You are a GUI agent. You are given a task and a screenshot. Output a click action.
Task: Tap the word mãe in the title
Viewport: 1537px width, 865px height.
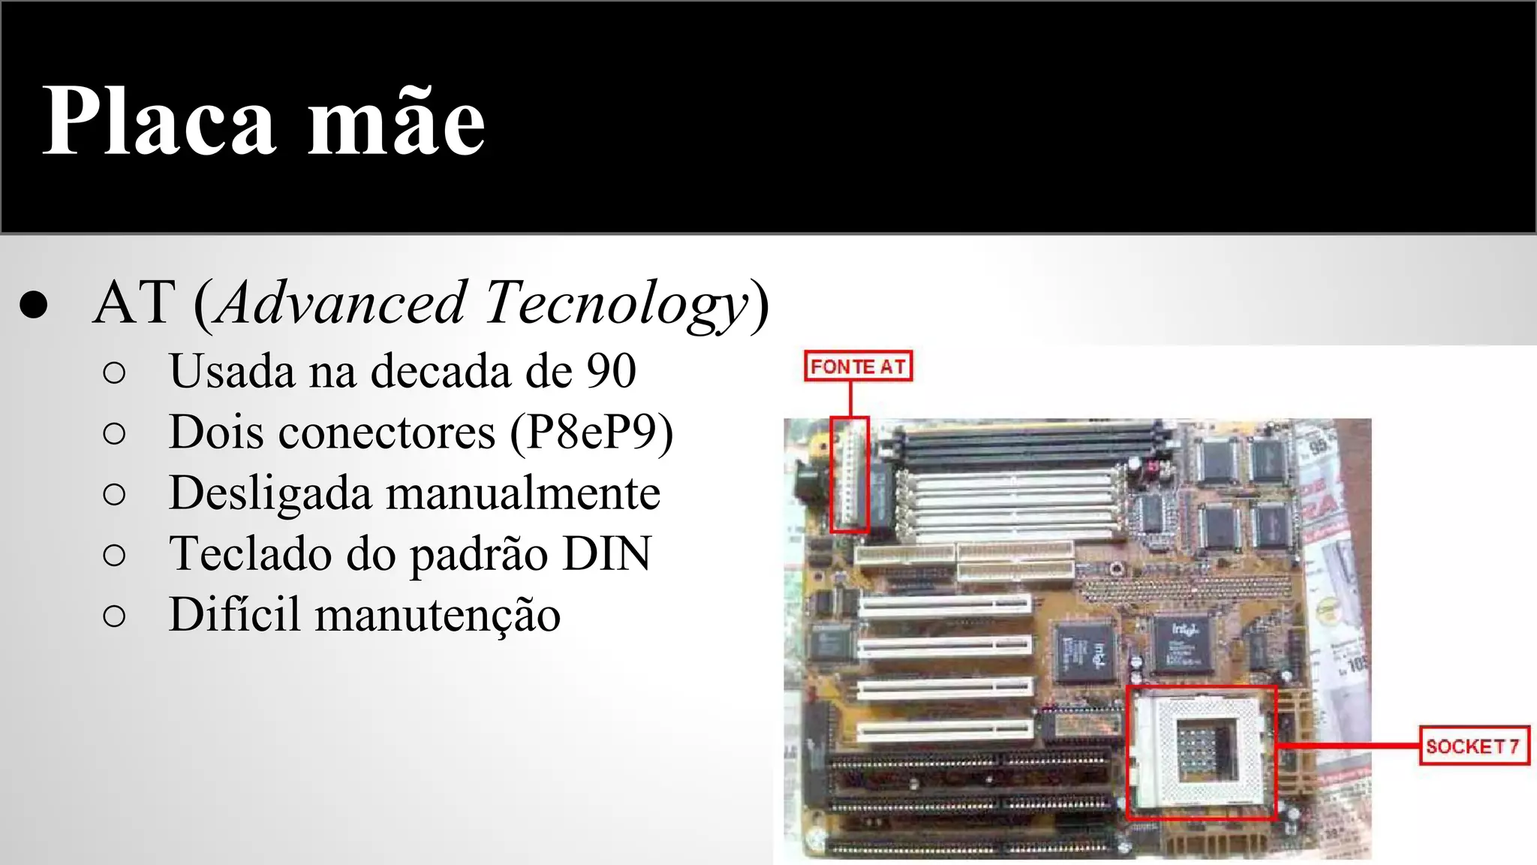click(x=397, y=122)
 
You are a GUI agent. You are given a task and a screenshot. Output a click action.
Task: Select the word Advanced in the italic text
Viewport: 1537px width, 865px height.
click(x=342, y=303)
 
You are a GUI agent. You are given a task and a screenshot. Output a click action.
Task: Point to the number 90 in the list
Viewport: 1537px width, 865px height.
click(x=611, y=371)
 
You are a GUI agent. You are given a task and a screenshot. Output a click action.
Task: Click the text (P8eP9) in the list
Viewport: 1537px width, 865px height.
click(x=591, y=432)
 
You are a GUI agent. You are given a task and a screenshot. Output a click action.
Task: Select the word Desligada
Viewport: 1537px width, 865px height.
click(x=270, y=493)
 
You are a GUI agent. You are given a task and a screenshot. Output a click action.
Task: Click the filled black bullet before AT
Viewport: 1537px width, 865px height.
click(x=34, y=305)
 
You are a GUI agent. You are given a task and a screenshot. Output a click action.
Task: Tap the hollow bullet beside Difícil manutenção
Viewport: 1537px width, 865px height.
click(x=114, y=616)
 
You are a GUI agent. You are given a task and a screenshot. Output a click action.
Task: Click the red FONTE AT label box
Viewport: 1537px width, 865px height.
click(x=858, y=366)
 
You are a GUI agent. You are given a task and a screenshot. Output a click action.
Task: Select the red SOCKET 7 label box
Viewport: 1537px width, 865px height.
click(x=1473, y=746)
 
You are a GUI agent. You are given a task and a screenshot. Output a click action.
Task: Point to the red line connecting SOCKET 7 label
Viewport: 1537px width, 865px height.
click(x=1347, y=746)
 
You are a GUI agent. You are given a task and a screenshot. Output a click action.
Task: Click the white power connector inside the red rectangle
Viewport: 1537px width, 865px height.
click(x=849, y=475)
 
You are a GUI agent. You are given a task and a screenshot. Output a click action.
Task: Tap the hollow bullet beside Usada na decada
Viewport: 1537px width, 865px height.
click(x=114, y=372)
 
